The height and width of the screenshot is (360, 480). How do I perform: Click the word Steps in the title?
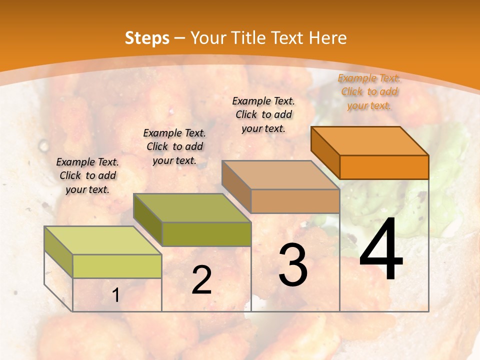tap(147, 38)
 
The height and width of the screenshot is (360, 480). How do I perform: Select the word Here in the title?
tap(327, 38)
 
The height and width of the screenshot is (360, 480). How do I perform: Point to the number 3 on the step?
tap(293, 265)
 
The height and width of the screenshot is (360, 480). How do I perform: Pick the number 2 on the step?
tap(201, 280)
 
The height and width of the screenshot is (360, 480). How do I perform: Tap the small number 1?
tap(116, 295)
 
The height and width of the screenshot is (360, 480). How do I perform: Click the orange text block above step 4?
tap(369, 91)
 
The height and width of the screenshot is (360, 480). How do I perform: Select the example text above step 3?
tap(263, 114)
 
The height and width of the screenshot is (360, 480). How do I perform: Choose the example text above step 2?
tap(174, 146)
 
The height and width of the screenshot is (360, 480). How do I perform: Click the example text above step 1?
tap(87, 175)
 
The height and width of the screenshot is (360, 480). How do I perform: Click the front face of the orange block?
tap(384, 167)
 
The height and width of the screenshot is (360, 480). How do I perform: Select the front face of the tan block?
tap(295, 201)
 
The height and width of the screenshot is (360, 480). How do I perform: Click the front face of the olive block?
tap(206, 234)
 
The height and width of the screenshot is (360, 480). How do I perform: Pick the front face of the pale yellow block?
tap(117, 266)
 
